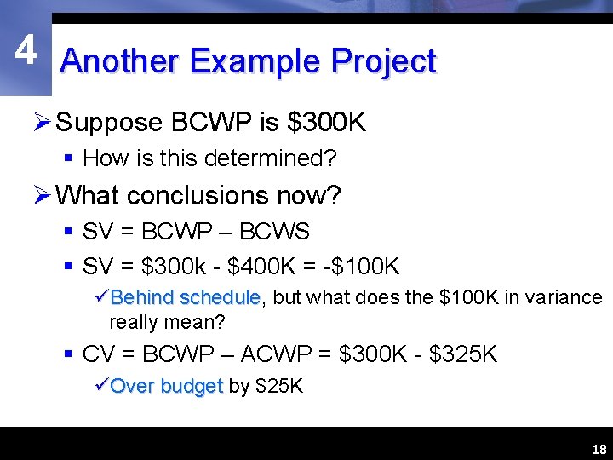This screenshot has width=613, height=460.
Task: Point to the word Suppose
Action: click(109, 123)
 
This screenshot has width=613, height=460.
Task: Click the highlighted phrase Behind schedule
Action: click(186, 297)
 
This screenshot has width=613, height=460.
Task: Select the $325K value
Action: click(464, 354)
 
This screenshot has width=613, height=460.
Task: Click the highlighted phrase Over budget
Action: click(166, 386)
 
